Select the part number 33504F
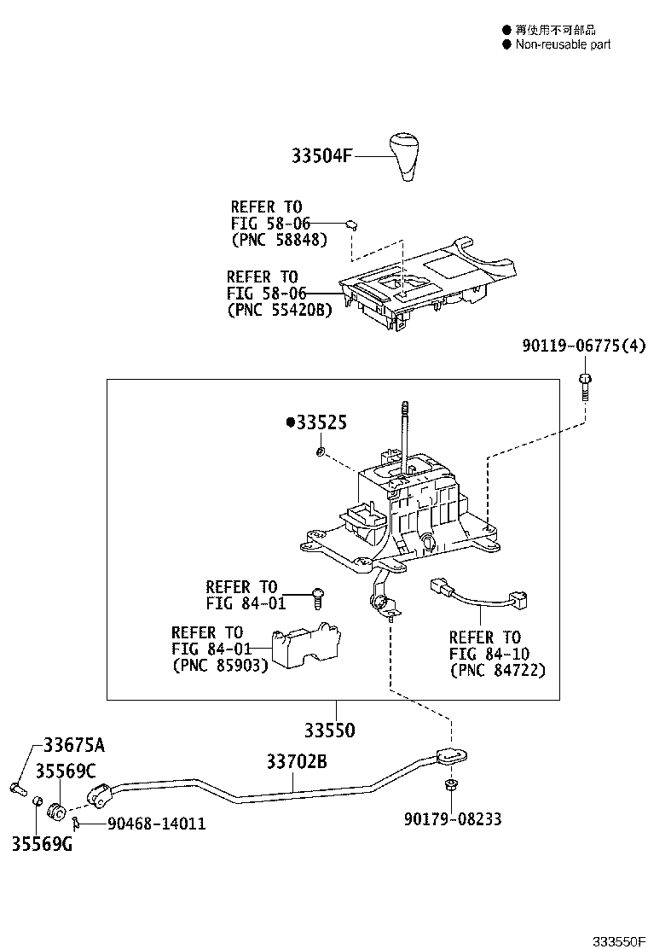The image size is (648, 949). coord(321,156)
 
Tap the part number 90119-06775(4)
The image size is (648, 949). coord(583,346)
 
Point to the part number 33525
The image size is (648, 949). coord(321,422)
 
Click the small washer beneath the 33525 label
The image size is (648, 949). coord(318,450)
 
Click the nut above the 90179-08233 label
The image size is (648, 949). coord(449,784)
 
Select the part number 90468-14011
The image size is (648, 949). coord(156,824)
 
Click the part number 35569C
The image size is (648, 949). coord(66,771)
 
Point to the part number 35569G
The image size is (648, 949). coord(42,844)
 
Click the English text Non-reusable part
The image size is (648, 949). coord(563,44)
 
